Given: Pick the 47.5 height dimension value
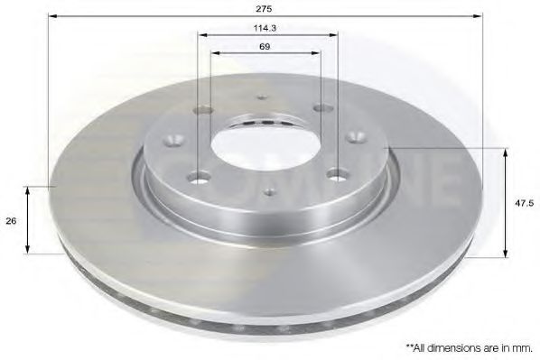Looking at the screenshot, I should (520, 204).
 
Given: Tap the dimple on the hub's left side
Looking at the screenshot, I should (171, 141).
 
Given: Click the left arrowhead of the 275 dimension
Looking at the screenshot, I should (52, 16).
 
